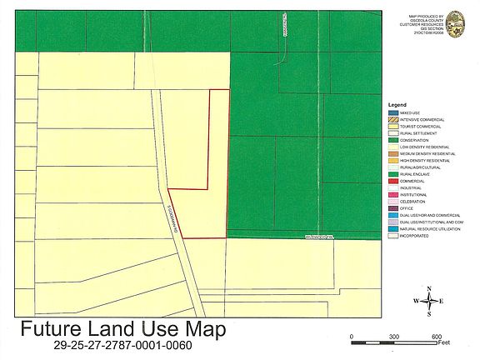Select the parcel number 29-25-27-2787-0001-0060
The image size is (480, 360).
122,345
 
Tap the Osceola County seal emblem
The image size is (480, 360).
456,24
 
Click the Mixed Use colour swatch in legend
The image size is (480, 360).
392,111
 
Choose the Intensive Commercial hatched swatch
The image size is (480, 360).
392,119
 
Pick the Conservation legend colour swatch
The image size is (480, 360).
392,140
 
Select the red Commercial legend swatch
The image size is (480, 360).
392,181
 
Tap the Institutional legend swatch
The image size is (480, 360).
392,194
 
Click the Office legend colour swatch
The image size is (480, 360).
392,208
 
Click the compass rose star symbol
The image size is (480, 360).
428,301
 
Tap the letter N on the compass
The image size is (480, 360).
428,288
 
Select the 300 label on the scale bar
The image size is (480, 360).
393,336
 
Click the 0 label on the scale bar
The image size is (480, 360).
352,336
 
